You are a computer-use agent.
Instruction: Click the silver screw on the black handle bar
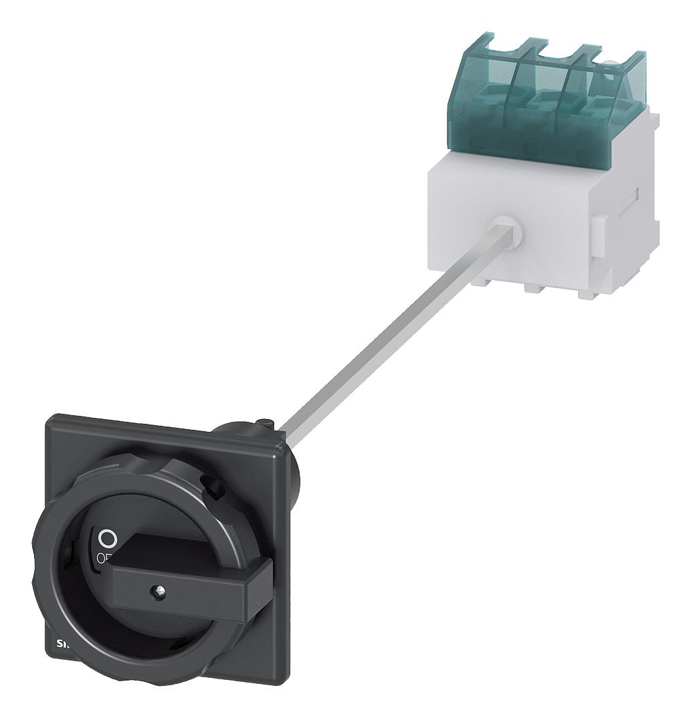point(159,590)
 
